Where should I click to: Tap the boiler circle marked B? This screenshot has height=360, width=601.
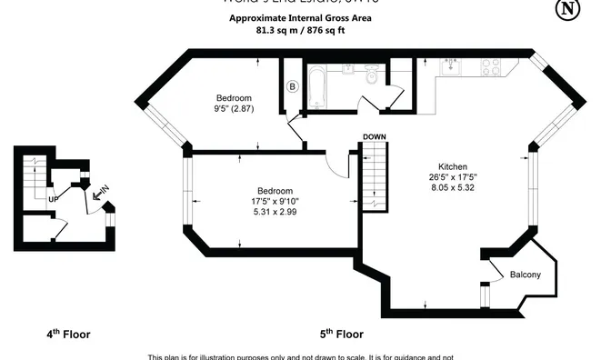click(292, 86)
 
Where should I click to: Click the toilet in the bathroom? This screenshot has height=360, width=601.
click(370, 77)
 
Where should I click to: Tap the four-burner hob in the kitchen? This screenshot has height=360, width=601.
click(490, 66)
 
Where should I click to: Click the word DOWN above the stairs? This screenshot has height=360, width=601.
click(374, 136)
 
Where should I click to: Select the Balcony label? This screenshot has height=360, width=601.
click(526, 275)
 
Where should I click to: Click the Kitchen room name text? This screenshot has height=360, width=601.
click(453, 167)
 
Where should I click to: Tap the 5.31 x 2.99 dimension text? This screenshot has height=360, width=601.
click(275, 212)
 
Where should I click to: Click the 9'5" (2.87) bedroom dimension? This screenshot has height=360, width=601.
click(234, 109)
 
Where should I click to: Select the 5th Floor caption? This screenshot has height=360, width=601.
click(342, 334)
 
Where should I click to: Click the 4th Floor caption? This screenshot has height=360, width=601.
click(68, 334)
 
